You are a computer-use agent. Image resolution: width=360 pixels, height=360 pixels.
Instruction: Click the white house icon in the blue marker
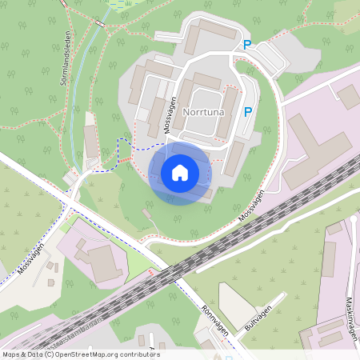tap(180, 172)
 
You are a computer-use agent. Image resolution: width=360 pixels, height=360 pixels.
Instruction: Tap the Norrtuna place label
tap(204, 113)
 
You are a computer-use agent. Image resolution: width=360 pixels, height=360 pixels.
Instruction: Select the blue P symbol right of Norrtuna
tap(248, 113)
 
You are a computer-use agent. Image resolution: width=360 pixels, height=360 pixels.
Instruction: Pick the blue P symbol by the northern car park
tap(247, 46)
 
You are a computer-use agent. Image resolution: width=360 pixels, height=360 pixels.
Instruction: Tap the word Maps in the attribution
tap(12, 354)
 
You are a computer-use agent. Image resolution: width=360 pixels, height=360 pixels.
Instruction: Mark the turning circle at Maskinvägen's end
tap(352, 218)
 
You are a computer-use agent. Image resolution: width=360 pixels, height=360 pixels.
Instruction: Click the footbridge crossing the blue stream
tap(94, 171)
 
